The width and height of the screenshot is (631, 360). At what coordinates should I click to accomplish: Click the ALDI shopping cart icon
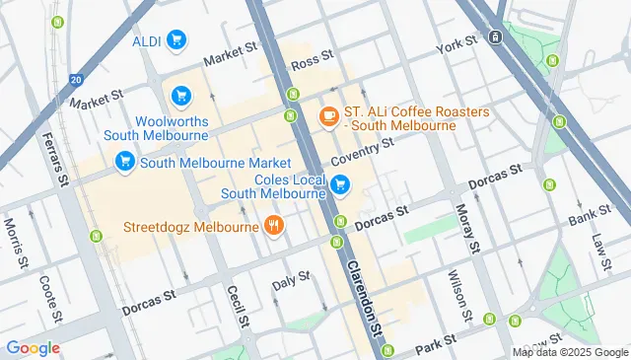pyautogui.click(x=176, y=40)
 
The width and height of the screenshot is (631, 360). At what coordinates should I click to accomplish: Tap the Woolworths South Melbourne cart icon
pyautogui.click(x=180, y=96)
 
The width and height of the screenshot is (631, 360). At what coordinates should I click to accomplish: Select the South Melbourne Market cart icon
pyautogui.click(x=124, y=162)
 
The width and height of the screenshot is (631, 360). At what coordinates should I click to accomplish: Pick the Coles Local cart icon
pyautogui.click(x=340, y=184)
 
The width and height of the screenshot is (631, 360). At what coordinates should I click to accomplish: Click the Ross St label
pyautogui.click(x=307, y=62)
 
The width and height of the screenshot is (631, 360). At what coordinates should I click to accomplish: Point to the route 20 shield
pyautogui.click(x=76, y=80)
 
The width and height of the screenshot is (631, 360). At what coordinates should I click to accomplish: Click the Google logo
pyautogui.click(x=33, y=347)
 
